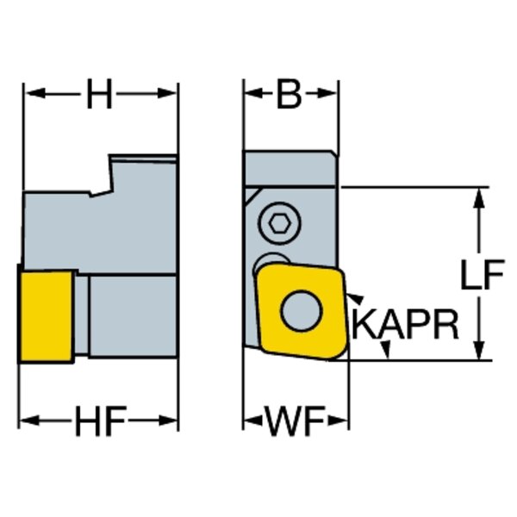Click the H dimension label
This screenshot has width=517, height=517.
(100, 96)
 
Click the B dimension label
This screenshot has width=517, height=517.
(290, 96)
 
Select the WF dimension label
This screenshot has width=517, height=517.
(295, 422)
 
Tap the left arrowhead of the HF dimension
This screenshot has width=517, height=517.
(28, 421)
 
